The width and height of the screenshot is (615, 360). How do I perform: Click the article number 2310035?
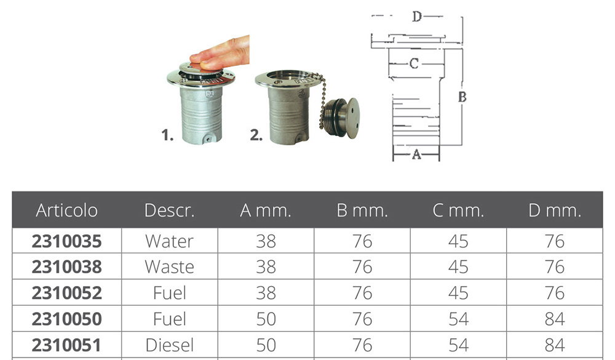tap(66, 241)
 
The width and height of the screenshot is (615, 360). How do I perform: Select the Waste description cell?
tap(170, 267)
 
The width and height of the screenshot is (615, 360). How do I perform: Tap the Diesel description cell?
tap(170, 345)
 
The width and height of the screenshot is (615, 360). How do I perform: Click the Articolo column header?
tap(66, 210)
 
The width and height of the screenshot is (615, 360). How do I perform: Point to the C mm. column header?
tap(458, 210)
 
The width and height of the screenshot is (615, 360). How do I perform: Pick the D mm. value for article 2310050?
tap(555, 319)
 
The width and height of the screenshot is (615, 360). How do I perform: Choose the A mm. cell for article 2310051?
tap(266, 345)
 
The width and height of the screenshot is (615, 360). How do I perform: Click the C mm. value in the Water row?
tap(458, 241)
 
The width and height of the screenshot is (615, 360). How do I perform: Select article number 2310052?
tap(66, 293)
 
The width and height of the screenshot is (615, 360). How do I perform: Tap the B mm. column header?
tap(362, 210)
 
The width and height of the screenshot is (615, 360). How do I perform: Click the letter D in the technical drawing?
tap(417, 16)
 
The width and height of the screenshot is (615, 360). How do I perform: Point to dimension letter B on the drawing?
tap(462, 97)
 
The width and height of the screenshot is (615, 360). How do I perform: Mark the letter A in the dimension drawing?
tap(416, 154)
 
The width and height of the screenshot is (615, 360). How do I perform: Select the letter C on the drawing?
tap(414, 63)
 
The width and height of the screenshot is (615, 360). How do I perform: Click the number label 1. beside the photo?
tap(167, 135)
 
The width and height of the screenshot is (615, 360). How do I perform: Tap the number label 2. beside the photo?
tap(256, 135)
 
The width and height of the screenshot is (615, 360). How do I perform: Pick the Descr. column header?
tap(170, 210)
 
